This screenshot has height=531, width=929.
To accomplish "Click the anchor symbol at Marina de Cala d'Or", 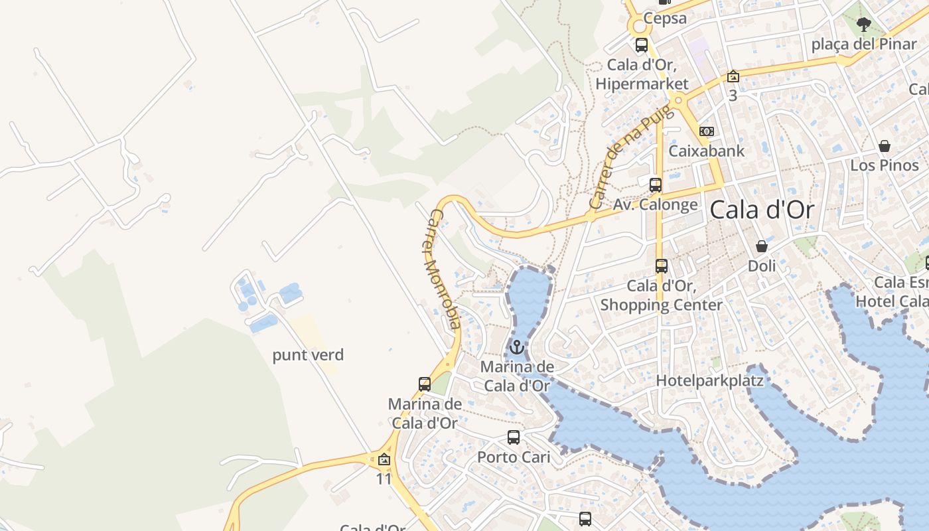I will pyautogui.click(x=516, y=346).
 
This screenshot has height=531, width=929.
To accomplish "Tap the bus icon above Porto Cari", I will pyautogui.click(x=514, y=437).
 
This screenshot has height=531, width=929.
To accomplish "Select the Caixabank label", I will pyautogui.click(x=706, y=151).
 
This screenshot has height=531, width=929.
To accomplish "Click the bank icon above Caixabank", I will pyautogui.click(x=707, y=131).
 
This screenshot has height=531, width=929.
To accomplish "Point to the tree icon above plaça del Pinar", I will pyautogui.click(x=863, y=25).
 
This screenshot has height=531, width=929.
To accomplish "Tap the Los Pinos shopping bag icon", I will pyautogui.click(x=885, y=146).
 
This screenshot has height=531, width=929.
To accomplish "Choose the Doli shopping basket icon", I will pyautogui.click(x=762, y=247).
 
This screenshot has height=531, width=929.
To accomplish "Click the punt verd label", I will pyautogui.click(x=308, y=355).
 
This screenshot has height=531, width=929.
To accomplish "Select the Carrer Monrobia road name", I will pyautogui.click(x=441, y=269).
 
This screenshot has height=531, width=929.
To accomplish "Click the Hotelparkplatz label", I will pyautogui.click(x=709, y=380).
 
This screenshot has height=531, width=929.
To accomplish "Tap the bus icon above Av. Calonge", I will pyautogui.click(x=656, y=185).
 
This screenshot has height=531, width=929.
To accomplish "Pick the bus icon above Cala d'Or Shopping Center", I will pyautogui.click(x=662, y=266).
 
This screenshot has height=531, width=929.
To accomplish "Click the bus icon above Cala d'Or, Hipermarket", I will pyautogui.click(x=642, y=45).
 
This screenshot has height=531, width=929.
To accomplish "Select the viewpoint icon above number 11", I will pyautogui.click(x=384, y=459).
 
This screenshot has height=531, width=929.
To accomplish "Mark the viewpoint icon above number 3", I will pyautogui.click(x=733, y=76).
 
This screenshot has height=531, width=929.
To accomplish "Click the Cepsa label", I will pyautogui.click(x=665, y=18).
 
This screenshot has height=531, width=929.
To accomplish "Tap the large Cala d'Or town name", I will pyautogui.click(x=761, y=210).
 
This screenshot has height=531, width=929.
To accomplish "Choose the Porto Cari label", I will pyautogui.click(x=514, y=457).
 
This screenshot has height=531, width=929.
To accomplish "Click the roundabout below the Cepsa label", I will pyautogui.click(x=640, y=27).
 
